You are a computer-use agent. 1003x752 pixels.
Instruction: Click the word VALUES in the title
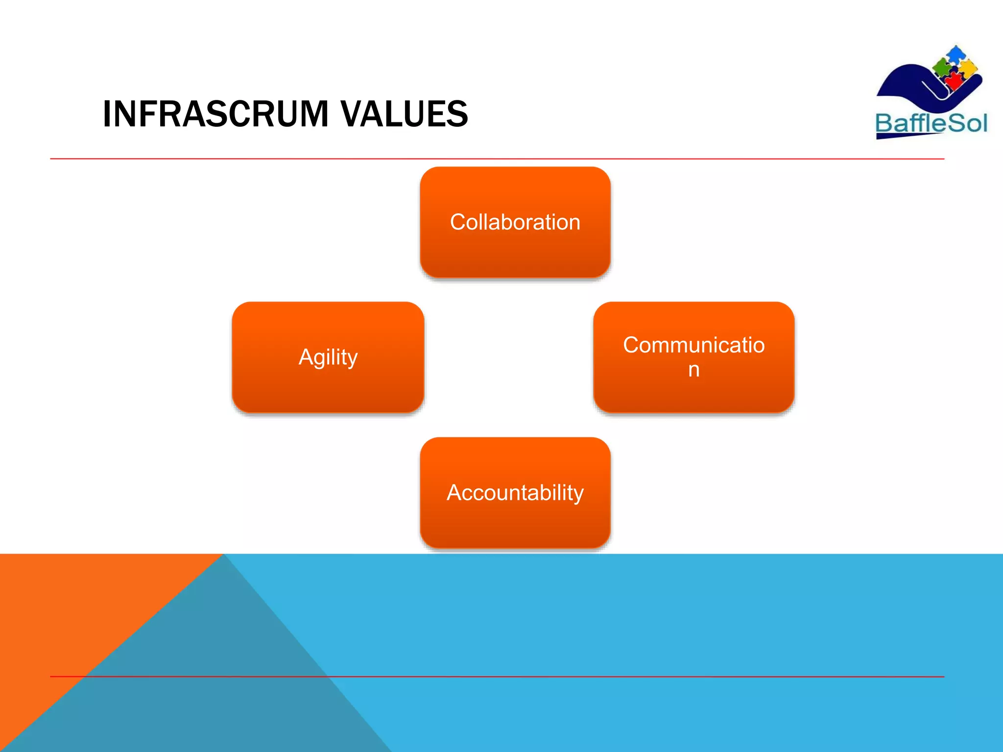coord(404,114)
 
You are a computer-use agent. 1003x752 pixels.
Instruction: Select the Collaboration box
coord(515,222)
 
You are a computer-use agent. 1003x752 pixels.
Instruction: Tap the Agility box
coord(328,357)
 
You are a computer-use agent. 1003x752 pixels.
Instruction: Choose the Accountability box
coord(515,492)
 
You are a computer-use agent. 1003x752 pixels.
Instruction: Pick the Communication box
coord(693,357)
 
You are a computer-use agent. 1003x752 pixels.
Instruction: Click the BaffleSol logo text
coord(931,123)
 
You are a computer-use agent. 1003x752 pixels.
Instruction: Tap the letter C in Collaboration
coord(457,222)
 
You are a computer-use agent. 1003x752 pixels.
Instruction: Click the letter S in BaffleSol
coord(955,123)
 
